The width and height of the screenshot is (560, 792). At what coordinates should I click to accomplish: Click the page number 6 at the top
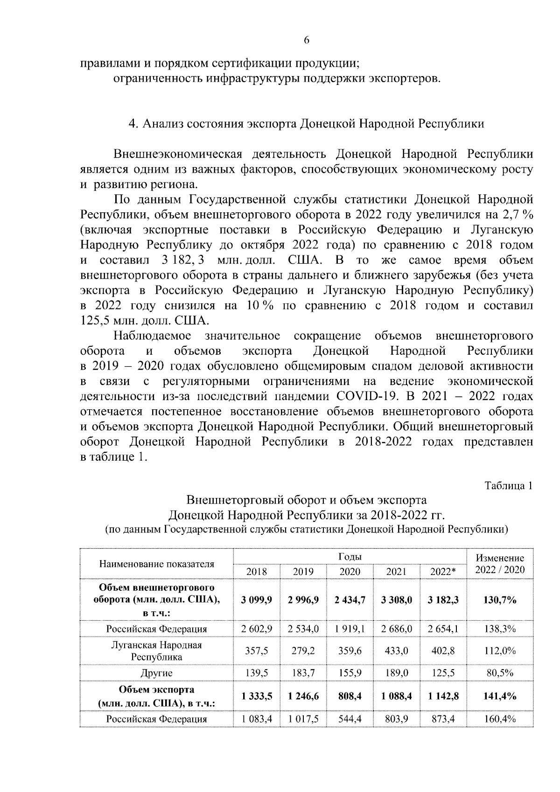(x=307, y=40)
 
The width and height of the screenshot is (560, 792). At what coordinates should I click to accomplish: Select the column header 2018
(x=257, y=572)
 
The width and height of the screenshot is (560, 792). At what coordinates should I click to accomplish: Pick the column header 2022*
(x=443, y=572)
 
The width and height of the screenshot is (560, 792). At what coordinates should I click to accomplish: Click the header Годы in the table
(x=350, y=557)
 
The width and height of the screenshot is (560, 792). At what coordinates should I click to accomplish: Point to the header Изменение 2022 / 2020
(x=500, y=564)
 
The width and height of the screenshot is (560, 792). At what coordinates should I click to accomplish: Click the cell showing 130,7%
(x=500, y=600)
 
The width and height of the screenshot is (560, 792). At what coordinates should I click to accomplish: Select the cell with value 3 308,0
(x=396, y=600)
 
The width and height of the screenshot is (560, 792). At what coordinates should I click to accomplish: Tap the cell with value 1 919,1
(x=350, y=629)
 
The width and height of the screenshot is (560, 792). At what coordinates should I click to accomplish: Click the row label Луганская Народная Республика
(x=156, y=651)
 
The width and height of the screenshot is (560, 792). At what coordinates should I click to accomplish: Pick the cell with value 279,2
(x=303, y=651)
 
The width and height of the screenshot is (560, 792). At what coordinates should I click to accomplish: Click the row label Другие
(x=156, y=673)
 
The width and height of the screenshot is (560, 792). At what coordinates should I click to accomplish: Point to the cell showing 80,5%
(x=500, y=673)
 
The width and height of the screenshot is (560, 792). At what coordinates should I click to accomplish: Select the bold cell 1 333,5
(x=257, y=696)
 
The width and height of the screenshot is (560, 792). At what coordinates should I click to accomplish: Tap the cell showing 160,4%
(x=500, y=719)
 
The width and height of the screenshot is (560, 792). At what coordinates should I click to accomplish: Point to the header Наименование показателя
(x=156, y=564)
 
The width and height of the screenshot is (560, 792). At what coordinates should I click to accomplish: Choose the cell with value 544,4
(x=350, y=719)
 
